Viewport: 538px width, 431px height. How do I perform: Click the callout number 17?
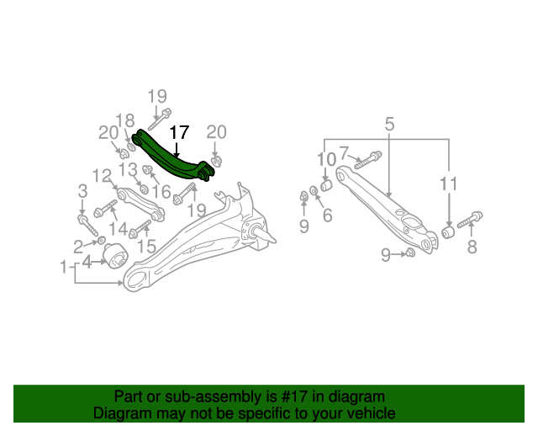click(x=180, y=132)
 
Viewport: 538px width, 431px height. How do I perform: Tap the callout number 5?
click(x=390, y=125)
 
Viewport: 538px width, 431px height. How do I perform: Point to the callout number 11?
click(x=449, y=183)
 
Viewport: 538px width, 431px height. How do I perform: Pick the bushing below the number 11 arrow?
click(x=449, y=230)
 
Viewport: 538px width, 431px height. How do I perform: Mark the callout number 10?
click(x=325, y=159)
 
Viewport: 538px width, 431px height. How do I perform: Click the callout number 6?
click(x=328, y=215)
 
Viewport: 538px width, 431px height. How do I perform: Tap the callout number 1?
click(x=64, y=268)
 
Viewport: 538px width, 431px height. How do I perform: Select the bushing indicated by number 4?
click(x=113, y=253)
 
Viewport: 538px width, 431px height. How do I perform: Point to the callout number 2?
click(x=77, y=246)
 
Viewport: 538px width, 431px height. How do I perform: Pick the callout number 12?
click(x=102, y=175)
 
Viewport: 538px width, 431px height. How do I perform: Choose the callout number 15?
click(x=147, y=246)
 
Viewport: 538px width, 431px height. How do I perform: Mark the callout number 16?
click(x=161, y=191)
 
